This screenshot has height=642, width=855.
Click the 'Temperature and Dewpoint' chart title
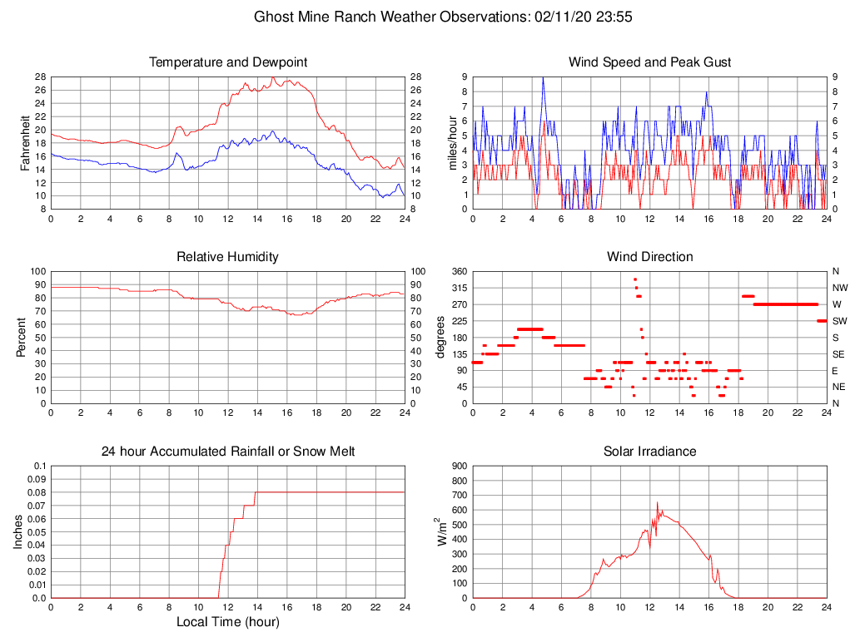click(x=228, y=62)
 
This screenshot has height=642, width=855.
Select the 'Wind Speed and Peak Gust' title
click(x=650, y=62)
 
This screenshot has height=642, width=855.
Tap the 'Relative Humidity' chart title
click(x=228, y=257)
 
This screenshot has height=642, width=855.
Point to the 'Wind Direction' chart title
click(x=650, y=257)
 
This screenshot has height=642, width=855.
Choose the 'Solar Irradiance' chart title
click(x=650, y=452)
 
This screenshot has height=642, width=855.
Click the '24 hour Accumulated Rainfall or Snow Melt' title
click(x=228, y=452)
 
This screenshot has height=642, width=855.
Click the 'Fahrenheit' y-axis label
click(x=26, y=142)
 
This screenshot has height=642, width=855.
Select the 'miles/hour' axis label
click(x=454, y=142)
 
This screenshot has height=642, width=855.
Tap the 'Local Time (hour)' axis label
click(x=228, y=621)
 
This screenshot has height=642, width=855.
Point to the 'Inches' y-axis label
click(x=19, y=531)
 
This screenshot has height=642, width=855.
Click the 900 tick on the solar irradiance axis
click(x=459, y=466)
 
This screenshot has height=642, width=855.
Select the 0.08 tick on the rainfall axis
click(x=37, y=492)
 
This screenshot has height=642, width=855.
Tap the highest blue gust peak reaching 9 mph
click(x=544, y=77)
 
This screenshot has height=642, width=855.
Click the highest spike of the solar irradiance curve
click(x=658, y=503)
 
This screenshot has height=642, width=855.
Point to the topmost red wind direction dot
click(x=635, y=279)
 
